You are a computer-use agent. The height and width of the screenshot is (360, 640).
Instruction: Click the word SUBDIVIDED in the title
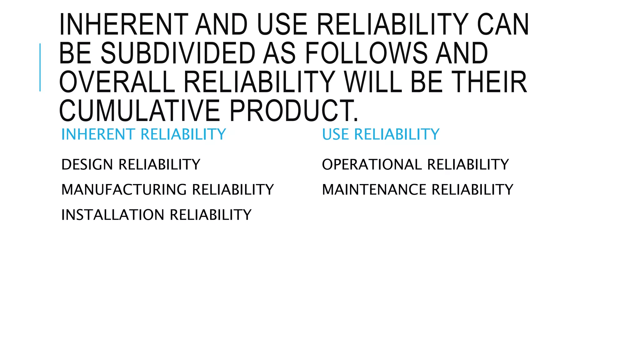tap(178, 53)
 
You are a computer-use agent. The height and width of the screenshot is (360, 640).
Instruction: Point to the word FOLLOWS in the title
tap(366, 53)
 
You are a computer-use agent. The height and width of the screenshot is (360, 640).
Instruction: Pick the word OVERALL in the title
tap(117, 82)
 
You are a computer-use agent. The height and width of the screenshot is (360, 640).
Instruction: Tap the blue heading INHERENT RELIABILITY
tap(143, 134)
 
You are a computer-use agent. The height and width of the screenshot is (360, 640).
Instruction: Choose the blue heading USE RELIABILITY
tap(381, 134)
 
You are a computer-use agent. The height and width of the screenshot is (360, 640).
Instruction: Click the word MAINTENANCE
tap(374, 190)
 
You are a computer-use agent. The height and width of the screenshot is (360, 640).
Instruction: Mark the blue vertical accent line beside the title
tap(40, 67)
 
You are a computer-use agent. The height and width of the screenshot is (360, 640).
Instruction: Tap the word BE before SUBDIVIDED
tap(75, 53)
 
